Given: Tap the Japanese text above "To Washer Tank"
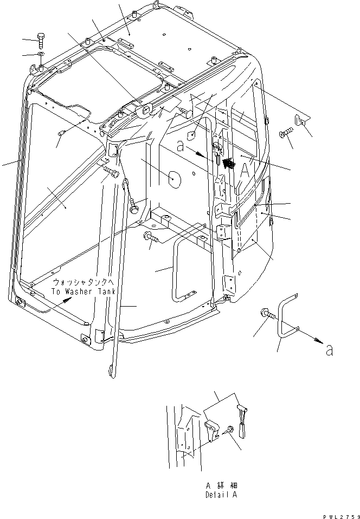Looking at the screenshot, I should point(85,283).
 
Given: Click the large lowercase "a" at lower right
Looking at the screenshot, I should point(329,350).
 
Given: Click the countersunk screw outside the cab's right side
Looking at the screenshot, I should point(286,132).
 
